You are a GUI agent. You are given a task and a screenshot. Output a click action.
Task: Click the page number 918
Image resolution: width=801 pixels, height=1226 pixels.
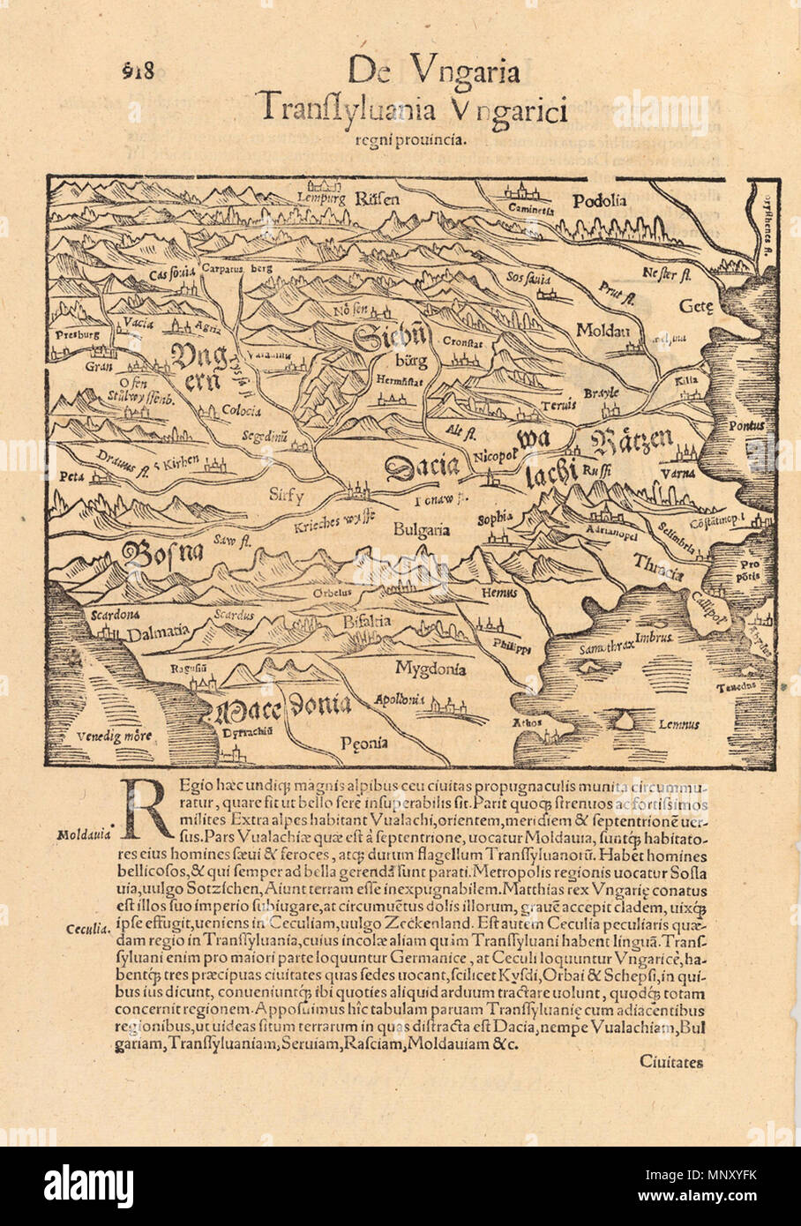point(137,73)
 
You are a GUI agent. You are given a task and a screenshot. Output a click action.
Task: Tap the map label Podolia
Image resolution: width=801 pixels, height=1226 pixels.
point(599,200)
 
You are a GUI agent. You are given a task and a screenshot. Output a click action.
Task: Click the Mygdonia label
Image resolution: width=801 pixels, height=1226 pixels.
point(430,668)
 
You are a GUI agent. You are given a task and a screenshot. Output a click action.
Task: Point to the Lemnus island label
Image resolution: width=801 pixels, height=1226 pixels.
point(678,724)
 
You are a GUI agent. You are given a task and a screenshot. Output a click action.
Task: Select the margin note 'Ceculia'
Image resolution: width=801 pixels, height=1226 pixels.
point(86,929)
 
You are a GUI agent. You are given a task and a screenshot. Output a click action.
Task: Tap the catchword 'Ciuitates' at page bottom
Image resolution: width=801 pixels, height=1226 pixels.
point(673,1062)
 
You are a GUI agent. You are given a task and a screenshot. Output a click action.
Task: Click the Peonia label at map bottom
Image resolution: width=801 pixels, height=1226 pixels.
point(364,744)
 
